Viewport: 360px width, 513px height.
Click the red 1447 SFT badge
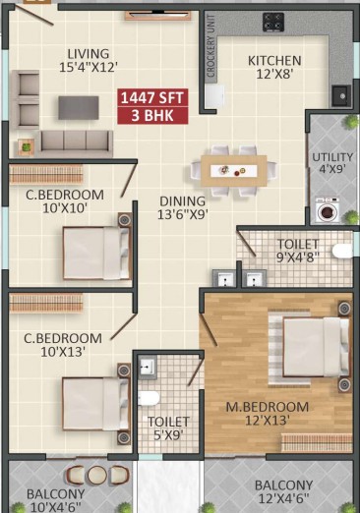pos(152,98)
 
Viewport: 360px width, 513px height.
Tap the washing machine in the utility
pos(328,210)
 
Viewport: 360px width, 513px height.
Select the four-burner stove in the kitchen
pos(273,23)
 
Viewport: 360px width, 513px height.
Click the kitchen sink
pos(341,95)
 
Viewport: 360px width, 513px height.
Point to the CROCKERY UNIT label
pos(210,45)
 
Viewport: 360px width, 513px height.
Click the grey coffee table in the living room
pos(79,108)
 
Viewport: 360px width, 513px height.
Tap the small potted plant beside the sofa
pos(26,147)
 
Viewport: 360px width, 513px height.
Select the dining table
pos(234,171)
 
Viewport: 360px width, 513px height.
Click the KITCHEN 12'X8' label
pos(274,67)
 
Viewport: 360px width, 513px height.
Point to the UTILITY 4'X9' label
pos(332,163)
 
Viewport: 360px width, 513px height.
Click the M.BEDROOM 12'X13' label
pos(268,414)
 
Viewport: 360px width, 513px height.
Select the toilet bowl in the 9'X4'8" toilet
pos(342,252)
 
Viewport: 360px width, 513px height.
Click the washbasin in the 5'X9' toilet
pos(148,368)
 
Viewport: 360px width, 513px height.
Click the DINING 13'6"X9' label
pos(183,207)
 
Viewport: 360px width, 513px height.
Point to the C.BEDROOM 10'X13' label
pos(63,345)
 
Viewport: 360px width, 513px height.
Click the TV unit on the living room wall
pos(157,16)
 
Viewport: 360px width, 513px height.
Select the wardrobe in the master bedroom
pos(317,443)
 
